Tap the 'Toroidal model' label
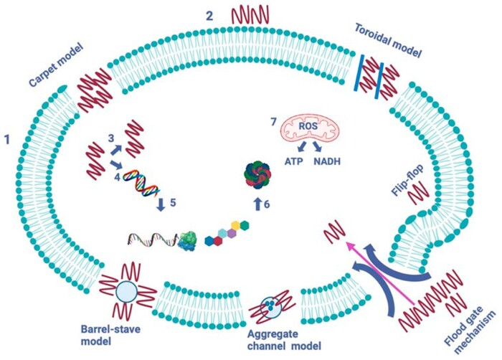[387, 39]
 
